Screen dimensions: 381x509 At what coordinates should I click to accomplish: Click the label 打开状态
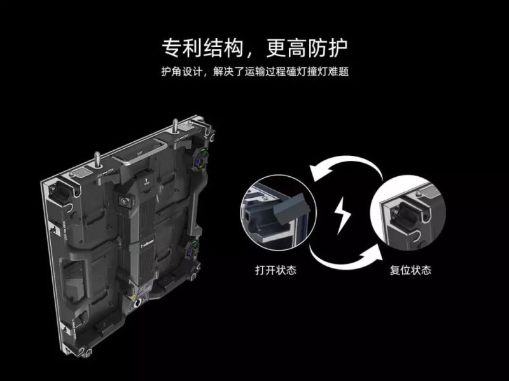point(275,270)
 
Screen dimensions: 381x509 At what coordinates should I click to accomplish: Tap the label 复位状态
point(410,270)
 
